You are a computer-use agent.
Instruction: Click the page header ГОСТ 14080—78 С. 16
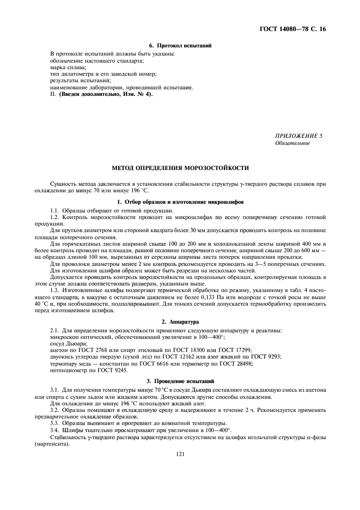coord(294,28)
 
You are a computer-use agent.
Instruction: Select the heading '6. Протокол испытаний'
coord(180,45)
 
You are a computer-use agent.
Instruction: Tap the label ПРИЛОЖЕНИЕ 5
coord(299,136)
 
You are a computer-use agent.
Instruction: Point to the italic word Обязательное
coord(292,143)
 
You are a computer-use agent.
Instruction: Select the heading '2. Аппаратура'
coord(180,323)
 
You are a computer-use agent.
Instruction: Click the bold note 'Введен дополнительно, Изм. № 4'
coord(106,94)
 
